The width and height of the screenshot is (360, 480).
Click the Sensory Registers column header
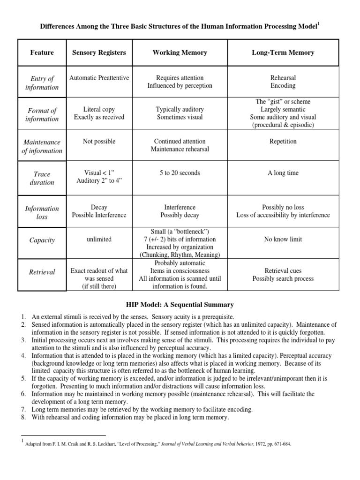99,52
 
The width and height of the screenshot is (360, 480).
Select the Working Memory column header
180,52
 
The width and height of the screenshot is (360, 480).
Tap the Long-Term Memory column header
283,52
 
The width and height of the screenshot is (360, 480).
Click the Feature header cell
42,52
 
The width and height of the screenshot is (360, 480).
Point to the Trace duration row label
42,178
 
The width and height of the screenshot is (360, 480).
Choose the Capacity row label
42,240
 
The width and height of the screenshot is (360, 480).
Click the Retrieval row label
42,272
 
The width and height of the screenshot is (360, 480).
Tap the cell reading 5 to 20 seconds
180,173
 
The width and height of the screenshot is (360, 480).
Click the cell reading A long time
283,173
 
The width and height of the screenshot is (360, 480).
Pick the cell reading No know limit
283,239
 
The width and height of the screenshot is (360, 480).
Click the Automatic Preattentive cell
99,78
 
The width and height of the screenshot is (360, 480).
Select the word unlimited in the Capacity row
99,239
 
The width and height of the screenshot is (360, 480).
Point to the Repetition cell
283,141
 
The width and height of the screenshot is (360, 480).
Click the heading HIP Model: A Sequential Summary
180,305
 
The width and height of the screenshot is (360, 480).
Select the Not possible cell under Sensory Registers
99,141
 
